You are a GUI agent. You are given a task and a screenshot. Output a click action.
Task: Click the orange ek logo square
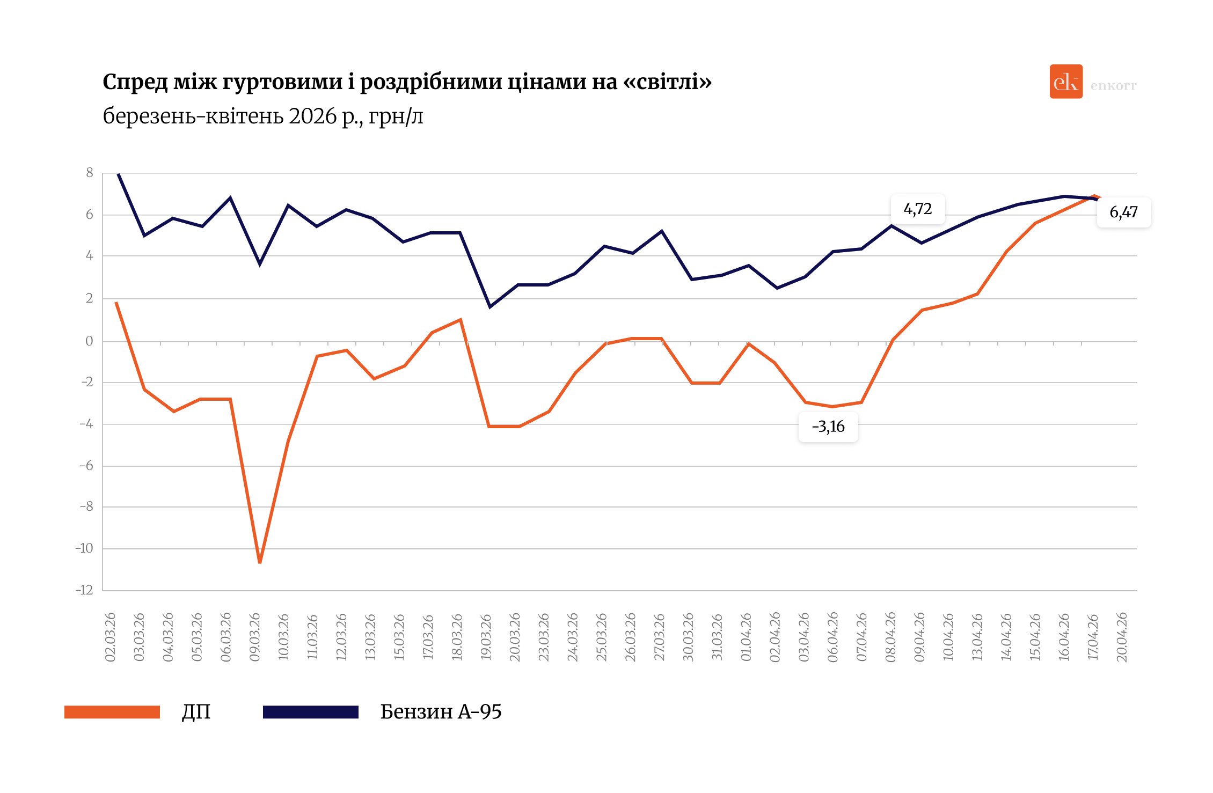click(x=1066, y=82)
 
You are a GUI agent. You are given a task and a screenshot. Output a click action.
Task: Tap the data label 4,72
click(x=918, y=209)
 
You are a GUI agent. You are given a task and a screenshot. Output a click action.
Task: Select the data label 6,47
click(x=1123, y=212)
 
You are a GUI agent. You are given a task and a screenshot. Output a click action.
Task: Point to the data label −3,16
click(x=828, y=427)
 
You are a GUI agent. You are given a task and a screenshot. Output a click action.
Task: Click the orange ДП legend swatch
click(x=112, y=712)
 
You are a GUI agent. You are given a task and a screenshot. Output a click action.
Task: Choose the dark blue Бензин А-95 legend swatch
click(x=310, y=712)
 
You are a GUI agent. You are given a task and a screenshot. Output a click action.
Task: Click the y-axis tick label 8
click(x=90, y=173)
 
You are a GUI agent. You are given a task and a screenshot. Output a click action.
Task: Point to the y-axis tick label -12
click(x=84, y=590)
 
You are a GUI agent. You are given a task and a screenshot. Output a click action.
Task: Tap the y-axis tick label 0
click(x=89, y=341)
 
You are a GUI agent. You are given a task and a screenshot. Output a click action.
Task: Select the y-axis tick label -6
click(x=86, y=466)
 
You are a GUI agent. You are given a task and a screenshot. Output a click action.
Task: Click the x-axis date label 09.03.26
click(x=255, y=637)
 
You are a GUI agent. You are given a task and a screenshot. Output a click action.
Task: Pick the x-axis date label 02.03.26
click(x=111, y=637)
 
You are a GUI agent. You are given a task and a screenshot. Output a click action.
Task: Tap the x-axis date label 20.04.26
click(x=1122, y=637)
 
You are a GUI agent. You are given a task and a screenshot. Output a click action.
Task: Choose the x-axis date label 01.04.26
click(x=746, y=637)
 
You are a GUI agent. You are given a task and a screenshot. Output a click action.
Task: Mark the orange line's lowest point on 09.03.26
click(x=260, y=562)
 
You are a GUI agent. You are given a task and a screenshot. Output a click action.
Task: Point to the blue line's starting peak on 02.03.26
click(x=118, y=174)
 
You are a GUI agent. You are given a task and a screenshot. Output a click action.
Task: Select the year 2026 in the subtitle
click(x=312, y=116)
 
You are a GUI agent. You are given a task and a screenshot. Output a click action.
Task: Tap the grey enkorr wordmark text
click(x=1113, y=86)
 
